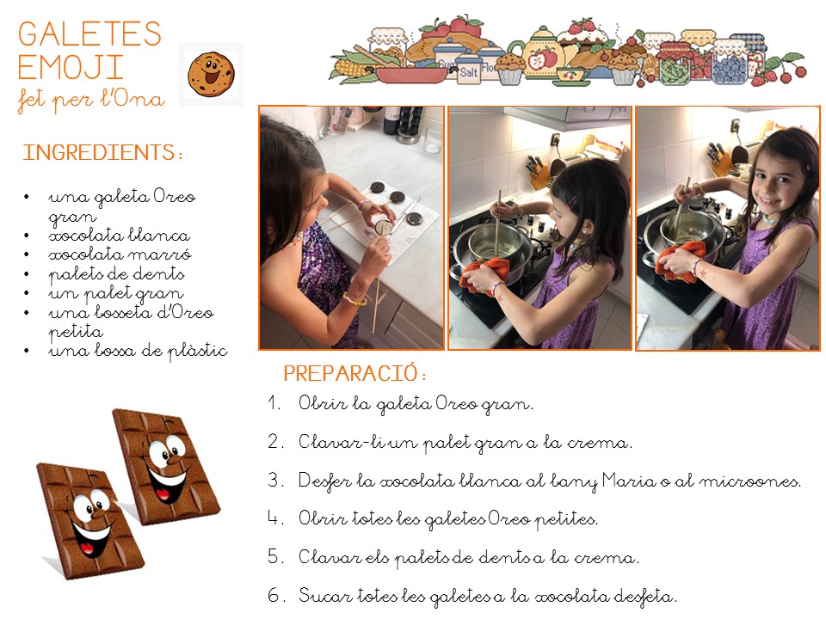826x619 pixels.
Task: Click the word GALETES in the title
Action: (x=89, y=34)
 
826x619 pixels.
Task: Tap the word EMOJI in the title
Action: (x=71, y=67)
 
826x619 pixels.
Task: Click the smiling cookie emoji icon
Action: (x=211, y=74)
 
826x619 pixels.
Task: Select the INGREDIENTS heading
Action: (x=102, y=153)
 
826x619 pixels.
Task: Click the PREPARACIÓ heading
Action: (x=354, y=373)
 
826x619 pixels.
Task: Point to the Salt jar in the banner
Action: (x=468, y=69)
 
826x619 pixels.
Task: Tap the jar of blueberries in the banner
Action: (x=729, y=63)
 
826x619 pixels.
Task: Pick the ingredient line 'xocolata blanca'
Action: (x=119, y=236)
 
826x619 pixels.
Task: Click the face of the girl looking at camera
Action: (x=774, y=181)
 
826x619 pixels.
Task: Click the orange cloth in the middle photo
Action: (x=484, y=273)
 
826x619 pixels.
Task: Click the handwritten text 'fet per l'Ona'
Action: (x=90, y=100)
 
